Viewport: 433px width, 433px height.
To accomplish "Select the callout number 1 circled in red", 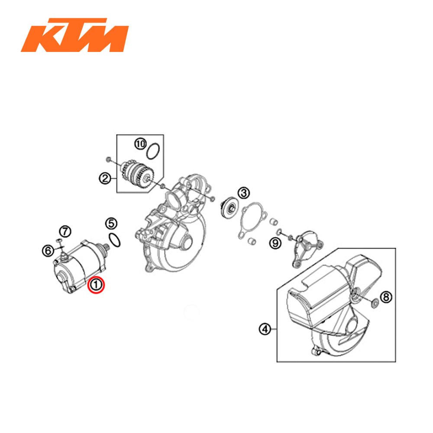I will point(95,284).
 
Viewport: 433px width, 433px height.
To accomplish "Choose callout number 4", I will point(265,330).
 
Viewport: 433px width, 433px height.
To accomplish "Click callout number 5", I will point(111,224).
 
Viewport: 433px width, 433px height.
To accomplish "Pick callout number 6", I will point(48,250).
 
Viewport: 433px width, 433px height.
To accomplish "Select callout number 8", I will point(386,297).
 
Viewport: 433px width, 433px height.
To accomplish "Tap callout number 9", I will point(275,244).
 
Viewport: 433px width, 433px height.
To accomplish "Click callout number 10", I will point(140,144).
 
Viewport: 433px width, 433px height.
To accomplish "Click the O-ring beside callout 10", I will point(154,152).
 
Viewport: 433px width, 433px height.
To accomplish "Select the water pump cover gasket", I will point(252,220).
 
